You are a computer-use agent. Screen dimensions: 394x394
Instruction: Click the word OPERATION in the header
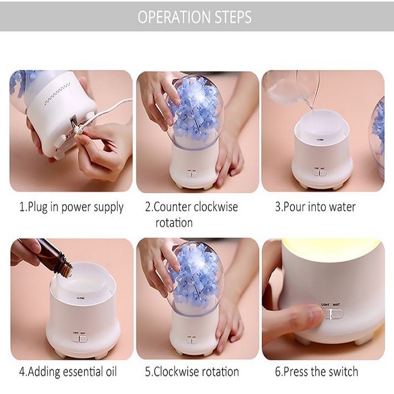click(175, 17)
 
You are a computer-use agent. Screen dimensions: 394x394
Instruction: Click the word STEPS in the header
click(233, 17)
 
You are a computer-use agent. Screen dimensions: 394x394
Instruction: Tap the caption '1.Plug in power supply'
click(71, 207)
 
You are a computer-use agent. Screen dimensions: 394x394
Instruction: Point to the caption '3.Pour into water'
click(315, 207)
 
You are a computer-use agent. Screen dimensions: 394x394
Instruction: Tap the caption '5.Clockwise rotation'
click(192, 372)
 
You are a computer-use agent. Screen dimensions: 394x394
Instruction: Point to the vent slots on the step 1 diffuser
click(57, 94)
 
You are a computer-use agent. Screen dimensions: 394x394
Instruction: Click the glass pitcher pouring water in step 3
click(292, 88)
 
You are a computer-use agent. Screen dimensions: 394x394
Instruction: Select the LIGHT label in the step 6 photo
click(325, 305)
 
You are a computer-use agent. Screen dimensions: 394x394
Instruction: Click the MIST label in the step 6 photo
click(336, 305)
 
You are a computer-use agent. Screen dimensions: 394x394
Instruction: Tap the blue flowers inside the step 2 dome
click(193, 111)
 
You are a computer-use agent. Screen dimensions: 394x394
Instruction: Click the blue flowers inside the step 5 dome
click(194, 277)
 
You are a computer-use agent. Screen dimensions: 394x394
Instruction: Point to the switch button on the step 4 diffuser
click(79, 339)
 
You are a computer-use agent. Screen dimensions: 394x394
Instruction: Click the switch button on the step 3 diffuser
click(320, 173)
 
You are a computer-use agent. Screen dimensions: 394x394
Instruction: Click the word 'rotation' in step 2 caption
click(174, 223)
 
